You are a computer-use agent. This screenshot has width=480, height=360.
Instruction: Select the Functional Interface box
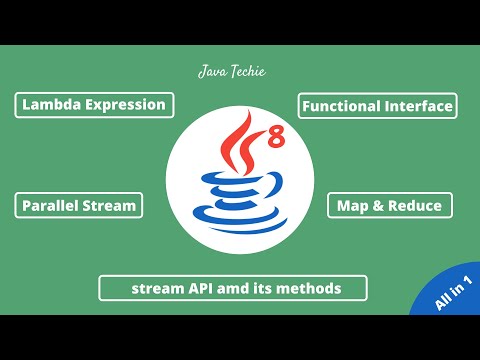[377, 105]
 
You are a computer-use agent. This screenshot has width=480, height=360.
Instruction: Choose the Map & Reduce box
[391, 206]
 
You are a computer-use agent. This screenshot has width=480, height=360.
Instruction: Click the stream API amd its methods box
[234, 288]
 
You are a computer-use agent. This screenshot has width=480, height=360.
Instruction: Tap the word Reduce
[416, 206]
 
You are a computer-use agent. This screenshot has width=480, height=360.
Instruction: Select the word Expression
[125, 105]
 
